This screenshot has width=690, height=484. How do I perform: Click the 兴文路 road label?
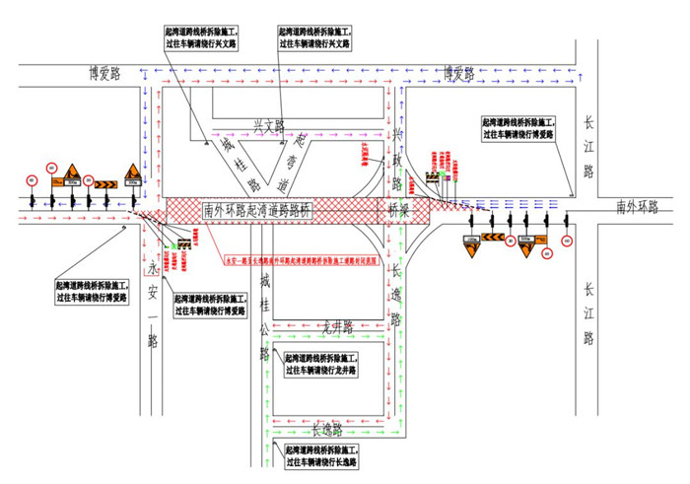click(268, 125)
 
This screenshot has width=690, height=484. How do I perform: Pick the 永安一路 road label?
click(153, 304)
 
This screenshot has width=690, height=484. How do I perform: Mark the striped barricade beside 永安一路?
click(182, 238)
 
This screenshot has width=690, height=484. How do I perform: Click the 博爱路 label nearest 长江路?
click(459, 73)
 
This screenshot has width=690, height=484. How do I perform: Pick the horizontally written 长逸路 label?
click(325, 430)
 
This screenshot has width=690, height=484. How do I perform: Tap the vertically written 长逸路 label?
click(396, 292)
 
